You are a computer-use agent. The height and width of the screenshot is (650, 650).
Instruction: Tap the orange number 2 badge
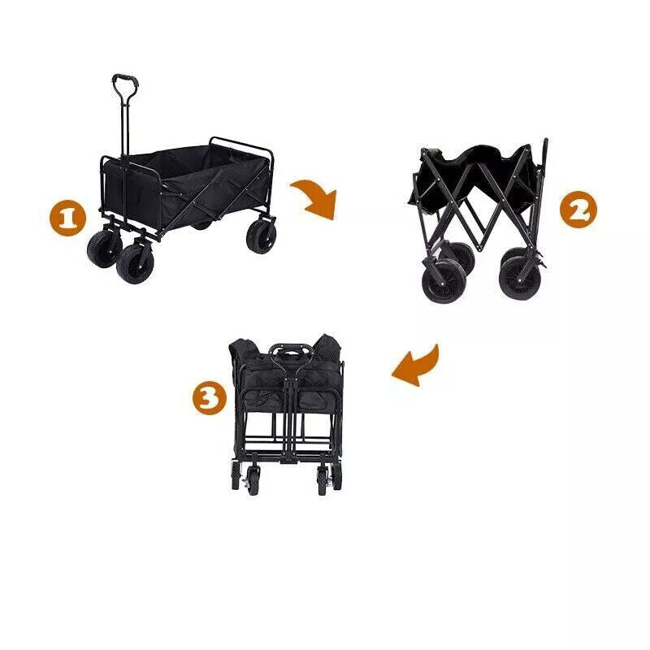click(x=578, y=210)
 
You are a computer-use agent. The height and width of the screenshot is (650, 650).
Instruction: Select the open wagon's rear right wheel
click(x=261, y=234)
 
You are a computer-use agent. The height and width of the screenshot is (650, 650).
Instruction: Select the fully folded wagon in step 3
click(x=285, y=410)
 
